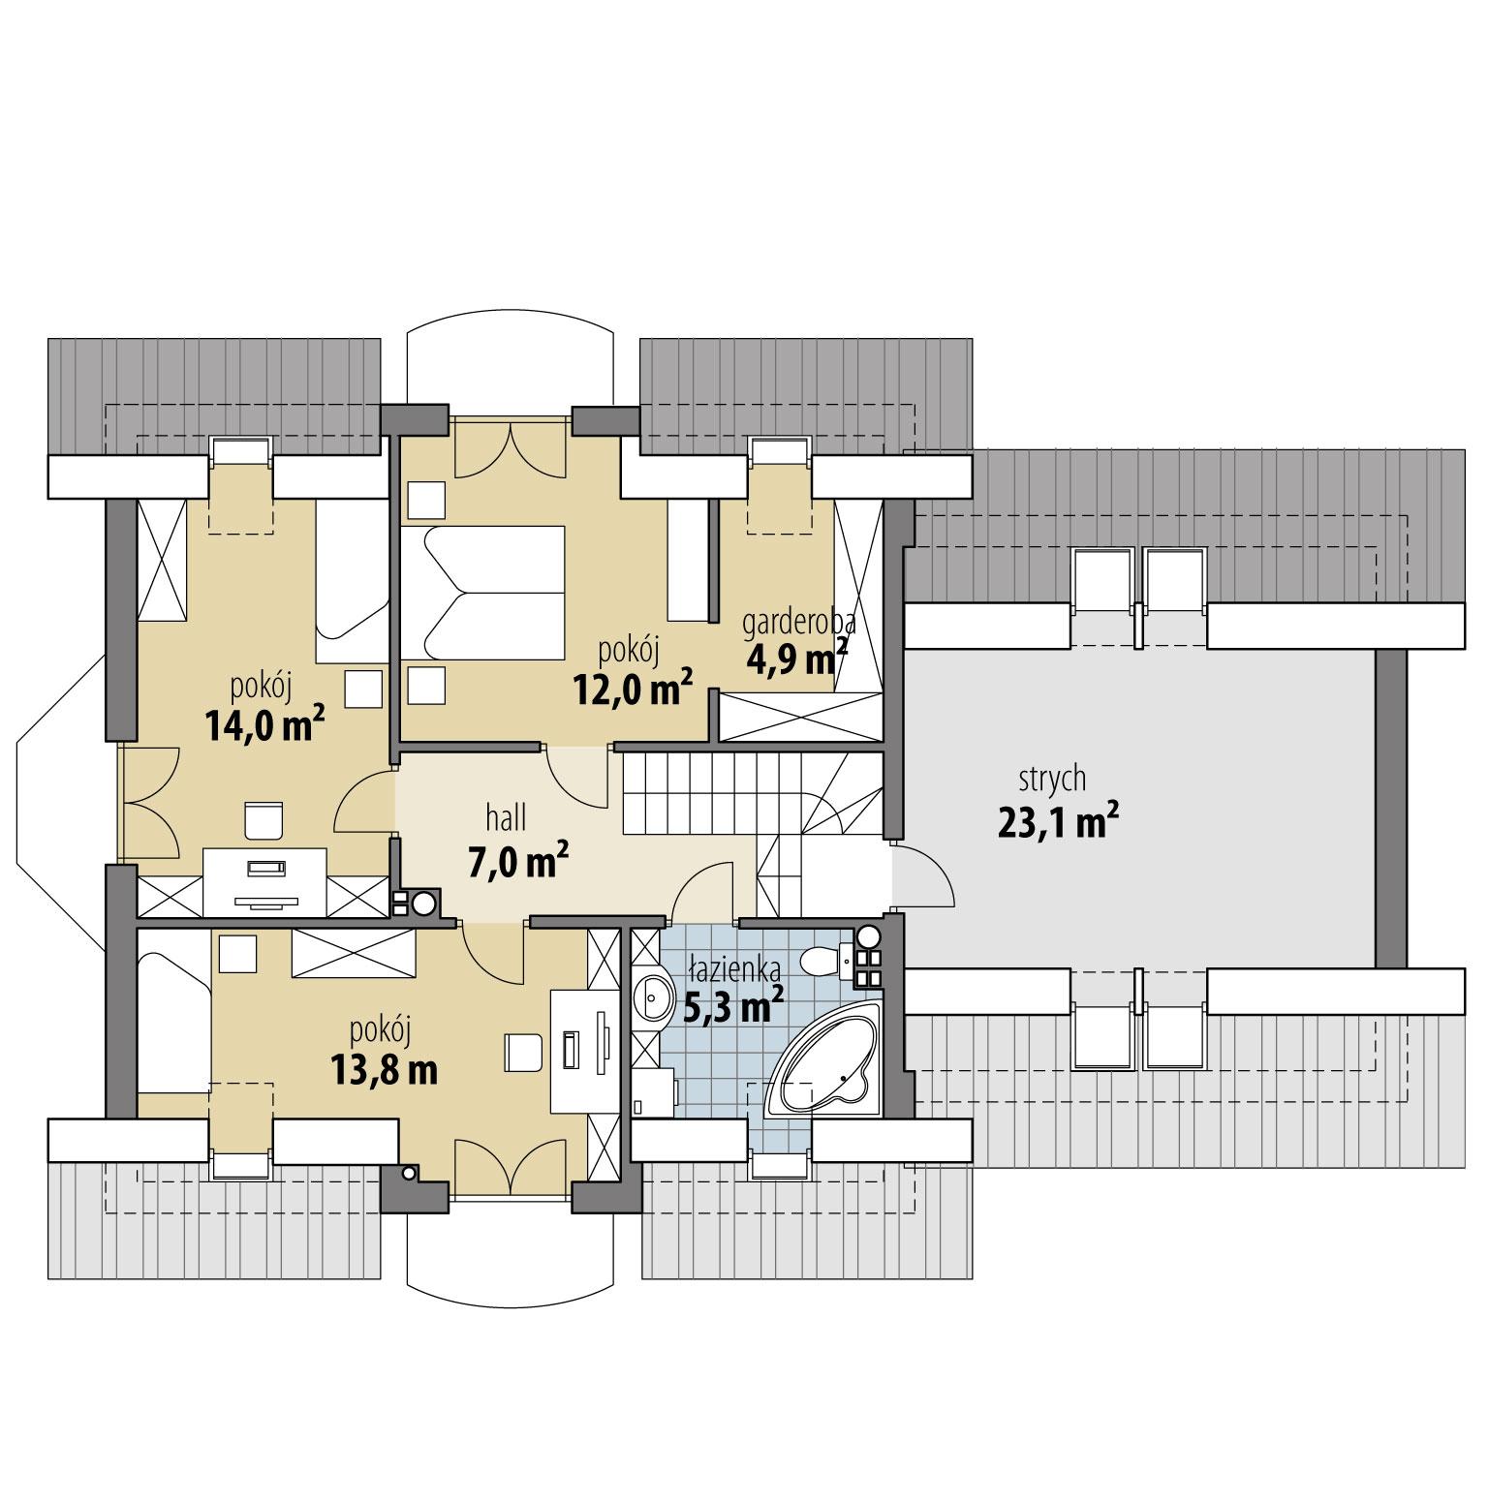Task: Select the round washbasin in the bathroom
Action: pyautogui.click(x=656, y=996)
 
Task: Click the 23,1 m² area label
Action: pyautogui.click(x=1058, y=823)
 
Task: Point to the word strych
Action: pyautogui.click(x=1052, y=779)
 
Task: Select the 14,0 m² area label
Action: pyautogui.click(x=264, y=724)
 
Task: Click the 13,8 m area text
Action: pyautogui.click(x=383, y=1070)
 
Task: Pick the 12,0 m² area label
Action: pyautogui.click(x=633, y=689)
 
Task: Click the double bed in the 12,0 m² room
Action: pyautogui.click(x=482, y=592)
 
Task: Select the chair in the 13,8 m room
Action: pyautogui.click(x=523, y=1053)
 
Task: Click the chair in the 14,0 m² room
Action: pyautogui.click(x=264, y=819)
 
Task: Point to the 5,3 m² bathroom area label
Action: pyautogui.click(x=733, y=1008)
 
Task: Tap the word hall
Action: pyautogui.click(x=506, y=818)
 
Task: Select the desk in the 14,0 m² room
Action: pyautogui.click(x=264, y=881)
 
